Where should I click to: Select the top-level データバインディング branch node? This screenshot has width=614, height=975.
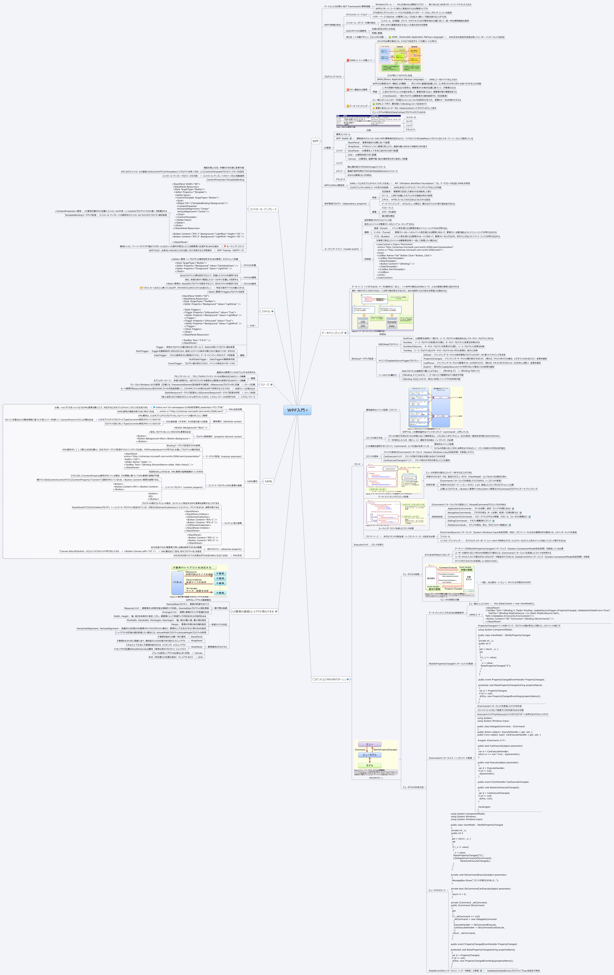coord(332,333)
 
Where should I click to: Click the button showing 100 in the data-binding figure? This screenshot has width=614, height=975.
coord(362,322)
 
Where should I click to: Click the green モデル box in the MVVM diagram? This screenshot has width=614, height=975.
coord(370,765)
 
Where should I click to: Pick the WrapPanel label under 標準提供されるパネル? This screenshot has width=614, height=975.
coord(197,641)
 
